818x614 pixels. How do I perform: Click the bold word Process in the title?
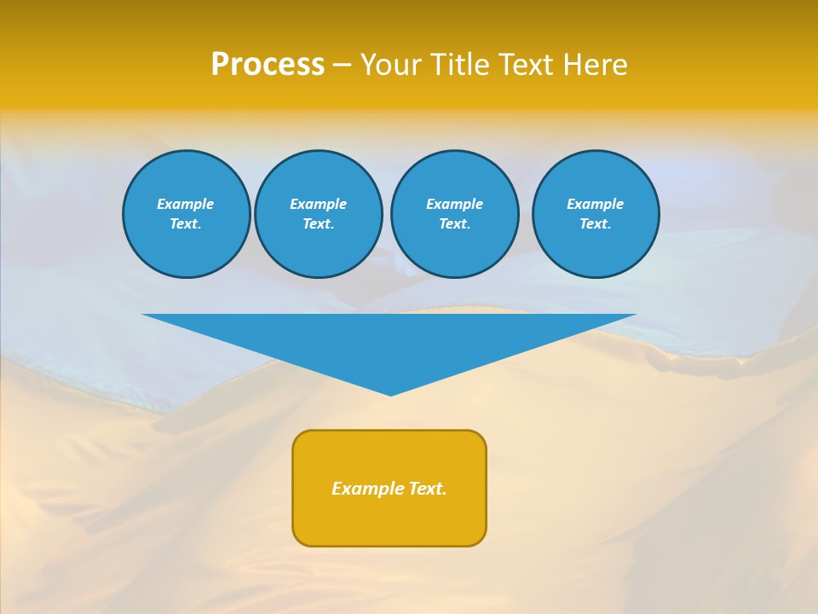click(268, 65)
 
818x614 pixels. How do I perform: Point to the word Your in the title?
click(392, 65)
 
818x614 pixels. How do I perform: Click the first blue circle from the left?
click(187, 214)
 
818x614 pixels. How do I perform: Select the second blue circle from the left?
click(319, 214)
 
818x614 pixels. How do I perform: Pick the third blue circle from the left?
click(455, 214)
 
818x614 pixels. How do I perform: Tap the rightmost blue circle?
click(596, 214)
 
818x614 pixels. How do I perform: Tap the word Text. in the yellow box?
click(427, 489)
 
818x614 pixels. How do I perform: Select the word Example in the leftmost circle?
click(186, 204)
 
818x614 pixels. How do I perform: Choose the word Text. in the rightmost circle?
click(596, 224)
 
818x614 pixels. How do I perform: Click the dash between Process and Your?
click(342, 65)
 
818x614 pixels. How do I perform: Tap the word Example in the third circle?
click(455, 204)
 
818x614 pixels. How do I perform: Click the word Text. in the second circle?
click(319, 224)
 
